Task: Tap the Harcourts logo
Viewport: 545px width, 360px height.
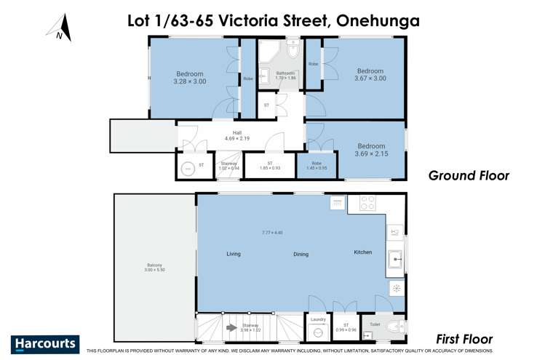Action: coord(45,343)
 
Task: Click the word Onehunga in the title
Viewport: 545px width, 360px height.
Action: coord(378,20)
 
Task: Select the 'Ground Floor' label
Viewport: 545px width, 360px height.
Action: coord(469,175)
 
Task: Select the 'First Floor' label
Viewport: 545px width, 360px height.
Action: coord(464,339)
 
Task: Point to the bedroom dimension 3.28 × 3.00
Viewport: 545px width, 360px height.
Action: coord(189,82)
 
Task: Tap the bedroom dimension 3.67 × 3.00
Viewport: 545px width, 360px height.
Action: coord(370,79)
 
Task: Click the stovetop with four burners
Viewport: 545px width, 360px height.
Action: coord(367,203)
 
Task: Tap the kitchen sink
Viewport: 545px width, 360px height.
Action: coord(396,257)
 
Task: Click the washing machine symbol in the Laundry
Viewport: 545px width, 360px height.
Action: coord(318,332)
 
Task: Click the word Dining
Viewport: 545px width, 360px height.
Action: coord(301,255)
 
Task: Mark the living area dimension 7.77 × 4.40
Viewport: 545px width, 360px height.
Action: coord(272,233)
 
